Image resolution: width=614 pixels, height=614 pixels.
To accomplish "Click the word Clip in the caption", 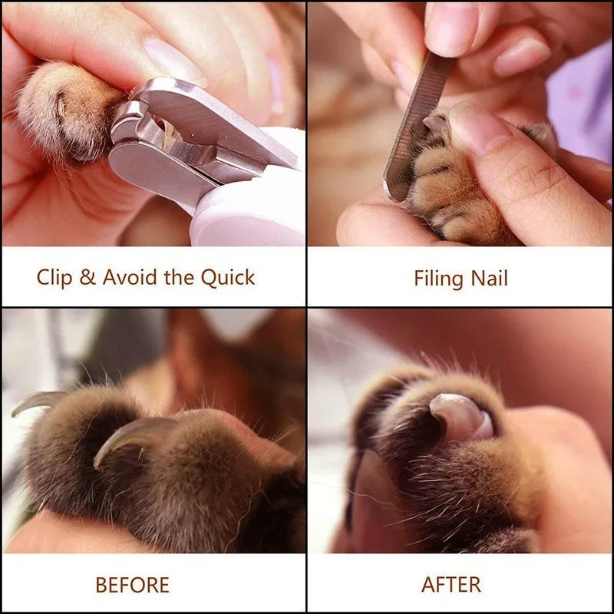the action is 54,278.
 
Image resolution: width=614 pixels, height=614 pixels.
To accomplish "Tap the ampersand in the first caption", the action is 87,277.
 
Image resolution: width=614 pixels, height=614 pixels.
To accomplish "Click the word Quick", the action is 228,278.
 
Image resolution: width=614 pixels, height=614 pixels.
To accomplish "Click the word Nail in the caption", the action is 490,279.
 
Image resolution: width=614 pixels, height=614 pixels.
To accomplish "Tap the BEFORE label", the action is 132,585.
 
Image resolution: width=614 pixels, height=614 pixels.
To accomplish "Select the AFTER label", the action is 451,585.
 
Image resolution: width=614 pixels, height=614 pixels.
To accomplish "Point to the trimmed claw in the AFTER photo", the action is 461,417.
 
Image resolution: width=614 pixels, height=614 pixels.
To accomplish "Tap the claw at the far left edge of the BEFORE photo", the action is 37,401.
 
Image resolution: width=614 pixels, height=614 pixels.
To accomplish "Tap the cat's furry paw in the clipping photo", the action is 68,111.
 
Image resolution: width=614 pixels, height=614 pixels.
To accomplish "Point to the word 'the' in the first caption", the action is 179,277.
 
